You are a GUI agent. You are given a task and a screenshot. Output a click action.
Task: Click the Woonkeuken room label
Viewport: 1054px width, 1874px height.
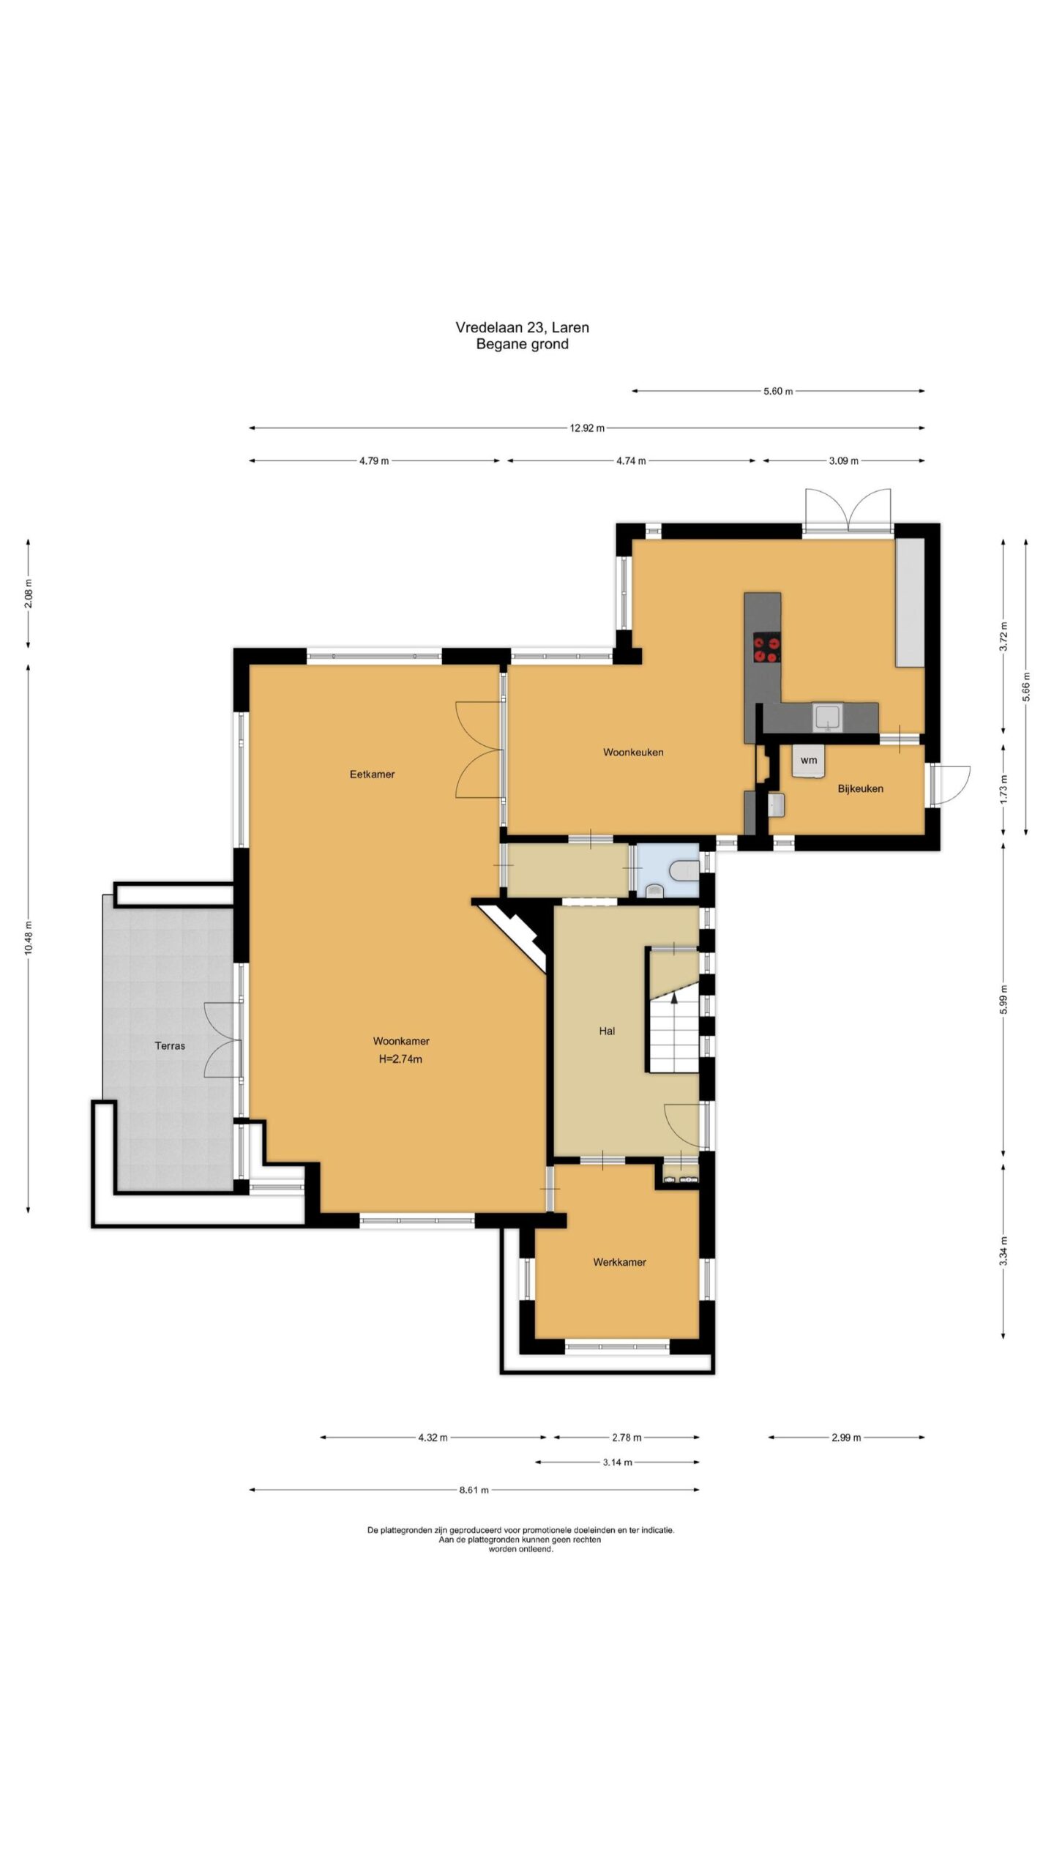pyautogui.click(x=633, y=752)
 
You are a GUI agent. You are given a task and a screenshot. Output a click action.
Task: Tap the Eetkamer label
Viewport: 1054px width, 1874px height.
pyautogui.click(x=372, y=774)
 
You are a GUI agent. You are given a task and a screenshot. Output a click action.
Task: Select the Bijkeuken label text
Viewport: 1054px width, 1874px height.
pyautogui.click(x=860, y=788)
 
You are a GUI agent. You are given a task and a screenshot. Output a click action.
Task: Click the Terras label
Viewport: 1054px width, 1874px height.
pyautogui.click(x=170, y=1046)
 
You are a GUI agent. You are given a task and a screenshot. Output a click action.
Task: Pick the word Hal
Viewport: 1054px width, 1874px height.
pyautogui.click(x=607, y=1031)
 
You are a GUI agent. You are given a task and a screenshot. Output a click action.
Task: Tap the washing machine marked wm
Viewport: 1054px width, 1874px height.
pyautogui.click(x=808, y=761)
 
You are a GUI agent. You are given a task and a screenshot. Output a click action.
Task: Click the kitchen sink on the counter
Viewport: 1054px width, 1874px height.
pyautogui.click(x=827, y=717)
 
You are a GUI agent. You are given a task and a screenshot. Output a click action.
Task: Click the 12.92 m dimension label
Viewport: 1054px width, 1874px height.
pyautogui.click(x=587, y=428)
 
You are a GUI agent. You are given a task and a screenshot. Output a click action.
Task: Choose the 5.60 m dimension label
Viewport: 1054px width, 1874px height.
pyautogui.click(x=778, y=391)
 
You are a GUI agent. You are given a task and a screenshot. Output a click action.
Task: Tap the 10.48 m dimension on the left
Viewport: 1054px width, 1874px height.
pyautogui.click(x=29, y=938)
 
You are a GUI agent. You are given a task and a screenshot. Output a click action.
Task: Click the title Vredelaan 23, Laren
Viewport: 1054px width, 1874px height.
pyautogui.click(x=522, y=327)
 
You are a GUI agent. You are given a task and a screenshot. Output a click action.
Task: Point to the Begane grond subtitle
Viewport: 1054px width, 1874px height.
pyautogui.click(x=522, y=344)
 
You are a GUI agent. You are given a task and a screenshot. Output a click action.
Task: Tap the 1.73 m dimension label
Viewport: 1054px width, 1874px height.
pyautogui.click(x=1004, y=788)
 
